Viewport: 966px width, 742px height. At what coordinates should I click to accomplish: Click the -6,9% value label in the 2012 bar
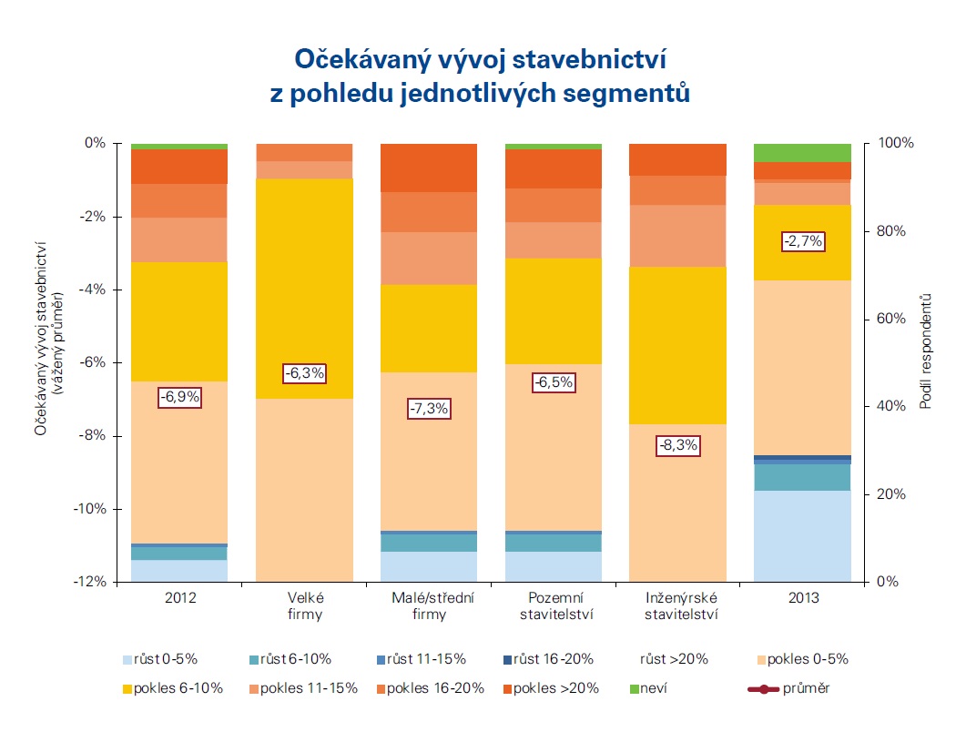coord(179,397)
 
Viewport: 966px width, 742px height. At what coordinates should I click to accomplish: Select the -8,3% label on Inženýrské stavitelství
coord(676,445)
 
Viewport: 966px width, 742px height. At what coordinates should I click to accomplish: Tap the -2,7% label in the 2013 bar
coord(802,241)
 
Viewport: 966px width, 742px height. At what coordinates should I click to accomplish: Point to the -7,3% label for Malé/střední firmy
coord(429,409)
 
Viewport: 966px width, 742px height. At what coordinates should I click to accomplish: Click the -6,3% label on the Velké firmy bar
coord(304,373)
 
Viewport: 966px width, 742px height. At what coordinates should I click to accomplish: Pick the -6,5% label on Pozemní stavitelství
coord(553,382)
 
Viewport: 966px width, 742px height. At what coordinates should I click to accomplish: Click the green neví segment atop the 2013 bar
coord(802,152)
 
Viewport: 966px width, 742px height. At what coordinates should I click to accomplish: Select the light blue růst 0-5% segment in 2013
coord(802,535)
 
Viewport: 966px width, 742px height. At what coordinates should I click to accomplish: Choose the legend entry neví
coord(648,688)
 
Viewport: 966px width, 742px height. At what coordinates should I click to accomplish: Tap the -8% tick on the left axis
coord(95,435)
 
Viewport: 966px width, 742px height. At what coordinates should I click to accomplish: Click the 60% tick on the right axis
coord(890,319)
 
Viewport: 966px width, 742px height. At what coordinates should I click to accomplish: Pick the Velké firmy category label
coord(304,606)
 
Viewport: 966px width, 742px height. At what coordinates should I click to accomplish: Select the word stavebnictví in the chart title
coord(579,61)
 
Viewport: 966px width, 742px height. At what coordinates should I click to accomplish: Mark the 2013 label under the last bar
coord(802,598)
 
